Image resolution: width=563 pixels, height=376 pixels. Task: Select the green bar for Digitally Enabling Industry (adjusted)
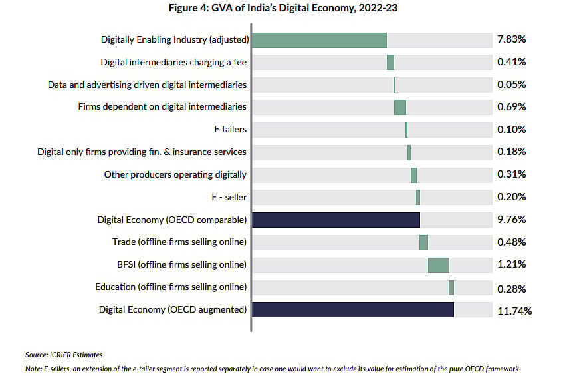tap(319, 39)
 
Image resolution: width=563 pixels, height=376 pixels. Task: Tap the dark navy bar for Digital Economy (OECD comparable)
tap(336, 220)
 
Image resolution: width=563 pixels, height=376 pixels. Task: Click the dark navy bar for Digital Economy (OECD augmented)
tap(353, 309)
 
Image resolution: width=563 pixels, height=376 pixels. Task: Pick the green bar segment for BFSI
tap(438, 265)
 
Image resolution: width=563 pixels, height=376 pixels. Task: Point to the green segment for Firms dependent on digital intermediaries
tap(399, 107)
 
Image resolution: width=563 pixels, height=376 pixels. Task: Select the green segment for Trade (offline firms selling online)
tap(423, 242)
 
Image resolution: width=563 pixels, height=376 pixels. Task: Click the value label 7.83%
tap(511, 39)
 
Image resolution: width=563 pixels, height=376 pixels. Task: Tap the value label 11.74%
tap(514, 310)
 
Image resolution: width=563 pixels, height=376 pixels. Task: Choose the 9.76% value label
tap(511, 220)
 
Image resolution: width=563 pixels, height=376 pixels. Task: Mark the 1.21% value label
tap(511, 265)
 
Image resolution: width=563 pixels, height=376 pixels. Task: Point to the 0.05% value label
tap(511, 85)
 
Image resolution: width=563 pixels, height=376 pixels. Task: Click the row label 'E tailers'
tap(230, 130)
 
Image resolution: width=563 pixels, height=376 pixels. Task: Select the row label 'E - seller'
tap(228, 197)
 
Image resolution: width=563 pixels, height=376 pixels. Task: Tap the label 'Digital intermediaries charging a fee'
tap(173, 62)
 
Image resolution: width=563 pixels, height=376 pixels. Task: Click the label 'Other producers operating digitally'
tap(175, 174)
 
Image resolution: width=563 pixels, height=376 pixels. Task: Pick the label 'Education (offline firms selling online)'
tap(171, 287)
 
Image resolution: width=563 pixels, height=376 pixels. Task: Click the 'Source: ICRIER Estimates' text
tap(64, 355)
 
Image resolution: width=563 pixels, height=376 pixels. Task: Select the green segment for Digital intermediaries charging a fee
tap(390, 62)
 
